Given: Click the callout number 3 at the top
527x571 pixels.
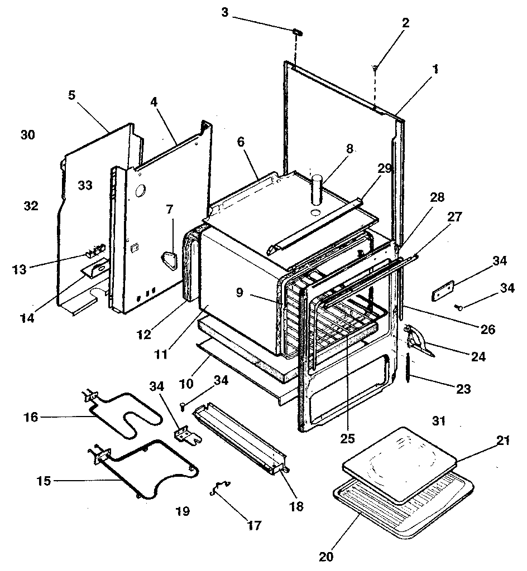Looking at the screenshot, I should point(225,11).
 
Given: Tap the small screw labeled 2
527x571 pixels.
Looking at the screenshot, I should point(375,67).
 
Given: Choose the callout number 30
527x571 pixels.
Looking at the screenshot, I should point(27,135).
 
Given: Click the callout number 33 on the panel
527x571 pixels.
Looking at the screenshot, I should point(85,185).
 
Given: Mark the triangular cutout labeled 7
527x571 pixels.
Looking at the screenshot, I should point(171,261).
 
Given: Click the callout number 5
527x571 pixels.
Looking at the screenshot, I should point(71,95).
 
